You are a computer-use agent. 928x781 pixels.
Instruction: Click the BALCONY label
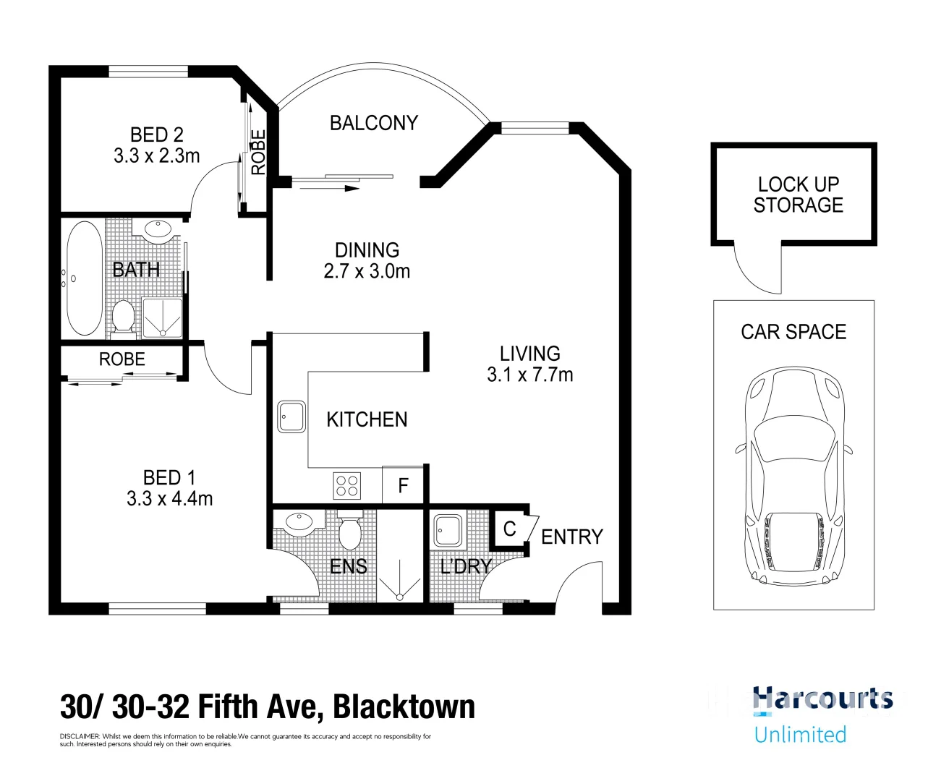tap(374, 123)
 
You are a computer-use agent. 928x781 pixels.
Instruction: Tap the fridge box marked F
tap(403, 485)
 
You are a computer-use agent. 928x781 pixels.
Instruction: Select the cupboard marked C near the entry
tap(510, 529)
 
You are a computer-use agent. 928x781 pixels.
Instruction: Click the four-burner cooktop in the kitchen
tap(346, 485)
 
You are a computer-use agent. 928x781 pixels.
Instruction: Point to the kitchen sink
tap(291, 417)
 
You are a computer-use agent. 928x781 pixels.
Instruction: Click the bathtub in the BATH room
tap(84, 278)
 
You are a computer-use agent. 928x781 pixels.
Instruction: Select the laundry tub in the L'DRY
tap(448, 530)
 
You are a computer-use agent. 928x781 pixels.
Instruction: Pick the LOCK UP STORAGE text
tap(799, 195)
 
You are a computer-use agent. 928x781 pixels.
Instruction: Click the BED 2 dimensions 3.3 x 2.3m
tap(156, 156)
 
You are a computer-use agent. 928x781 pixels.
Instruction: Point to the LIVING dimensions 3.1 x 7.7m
tap(529, 375)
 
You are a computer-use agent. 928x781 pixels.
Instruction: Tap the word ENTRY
tap(572, 537)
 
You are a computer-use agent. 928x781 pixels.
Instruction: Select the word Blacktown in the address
tap(404, 707)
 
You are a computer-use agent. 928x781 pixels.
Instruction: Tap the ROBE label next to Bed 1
tap(122, 359)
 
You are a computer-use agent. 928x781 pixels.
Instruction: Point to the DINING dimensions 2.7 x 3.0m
tap(367, 271)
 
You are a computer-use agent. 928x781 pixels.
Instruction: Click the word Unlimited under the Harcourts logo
tap(800, 735)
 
